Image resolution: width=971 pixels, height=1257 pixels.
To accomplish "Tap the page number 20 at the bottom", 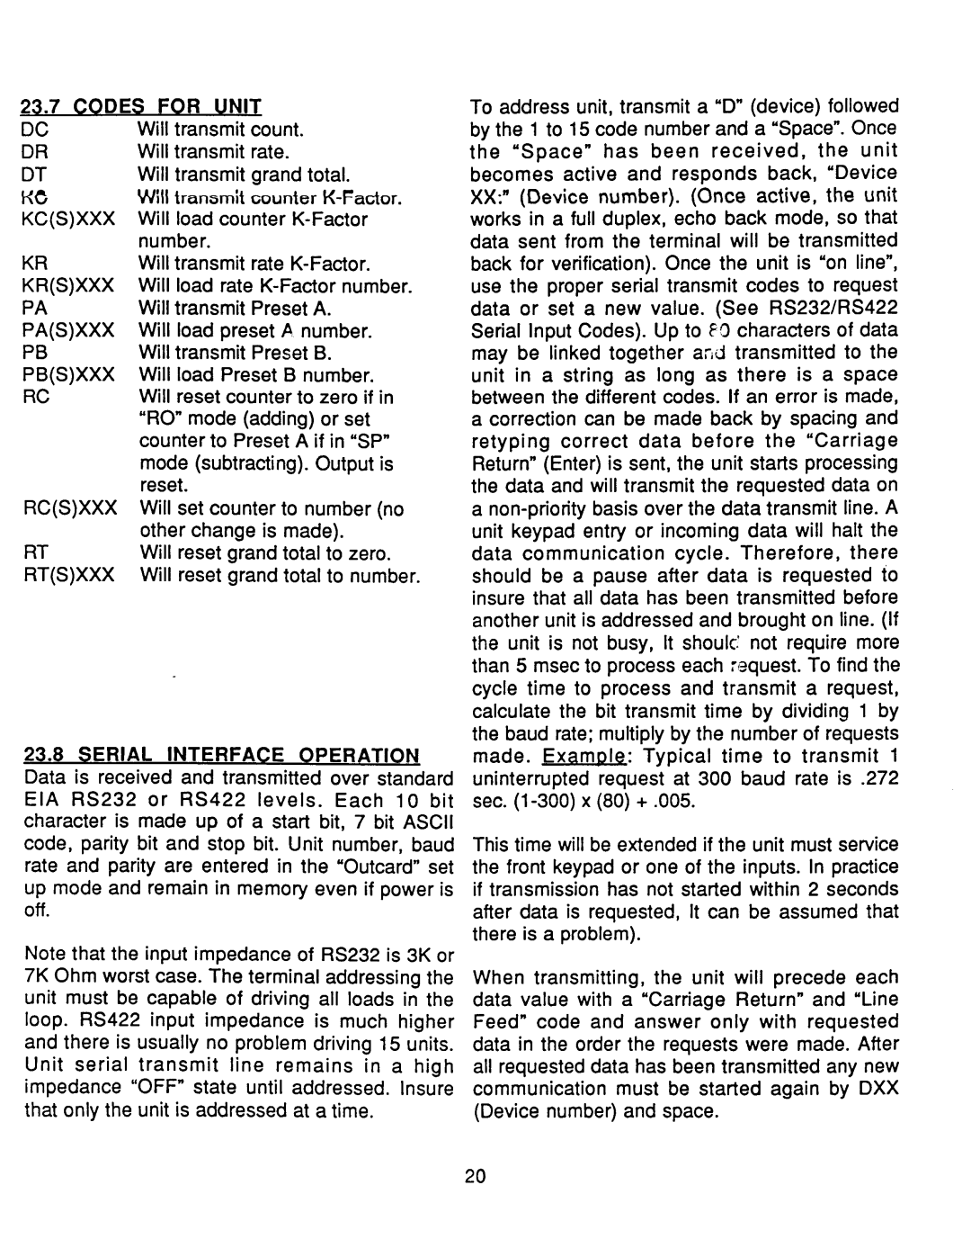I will pyautogui.click(x=477, y=1177).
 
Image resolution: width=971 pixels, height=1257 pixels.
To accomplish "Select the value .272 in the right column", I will pyautogui.click(x=879, y=777).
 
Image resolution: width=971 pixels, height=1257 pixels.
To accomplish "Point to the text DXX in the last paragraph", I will pyautogui.click(x=880, y=1089).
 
